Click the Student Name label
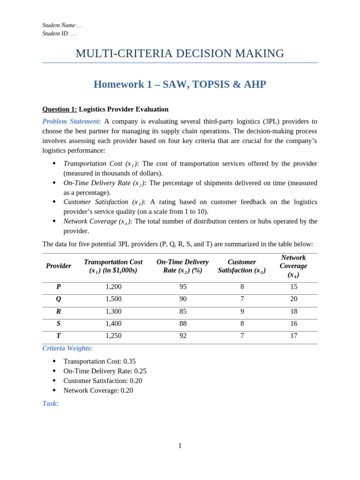click(x=59, y=25)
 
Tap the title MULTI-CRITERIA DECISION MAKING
click(x=180, y=53)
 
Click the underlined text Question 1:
click(x=60, y=109)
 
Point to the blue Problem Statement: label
click(x=72, y=121)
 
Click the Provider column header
click(x=59, y=266)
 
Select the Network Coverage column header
click(x=293, y=266)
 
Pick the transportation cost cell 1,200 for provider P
click(x=113, y=287)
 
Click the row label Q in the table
click(x=59, y=299)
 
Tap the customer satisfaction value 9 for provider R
click(x=242, y=311)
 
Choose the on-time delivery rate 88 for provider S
click(x=183, y=323)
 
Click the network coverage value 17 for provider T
click(x=294, y=336)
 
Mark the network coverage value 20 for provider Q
click(x=294, y=299)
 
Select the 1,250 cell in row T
click(x=113, y=336)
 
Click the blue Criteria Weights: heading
click(x=67, y=348)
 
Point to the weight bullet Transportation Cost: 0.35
click(x=99, y=361)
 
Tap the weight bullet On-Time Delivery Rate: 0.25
click(x=105, y=371)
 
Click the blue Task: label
click(x=51, y=404)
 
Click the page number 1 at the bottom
click(x=180, y=446)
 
